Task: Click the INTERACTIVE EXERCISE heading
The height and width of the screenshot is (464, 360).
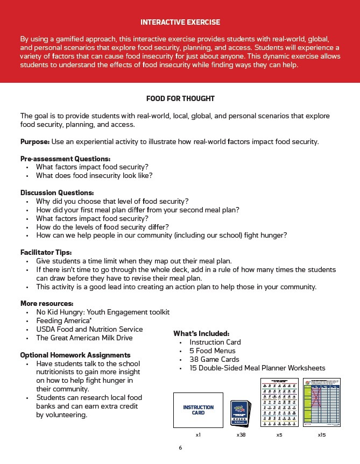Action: (180, 22)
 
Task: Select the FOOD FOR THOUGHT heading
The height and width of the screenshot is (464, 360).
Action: (180, 99)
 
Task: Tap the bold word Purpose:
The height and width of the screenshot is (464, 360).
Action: (35, 142)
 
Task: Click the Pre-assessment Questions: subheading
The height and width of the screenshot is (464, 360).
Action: (65, 159)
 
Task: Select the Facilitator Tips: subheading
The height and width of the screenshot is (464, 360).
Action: (46, 252)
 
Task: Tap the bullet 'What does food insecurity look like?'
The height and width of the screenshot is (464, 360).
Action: (94, 176)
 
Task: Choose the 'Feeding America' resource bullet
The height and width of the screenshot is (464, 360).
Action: (63, 320)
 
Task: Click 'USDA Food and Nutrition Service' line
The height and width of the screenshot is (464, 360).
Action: (89, 329)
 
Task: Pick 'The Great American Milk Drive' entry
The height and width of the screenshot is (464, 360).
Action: (84, 338)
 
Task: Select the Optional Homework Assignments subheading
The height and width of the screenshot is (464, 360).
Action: (75, 355)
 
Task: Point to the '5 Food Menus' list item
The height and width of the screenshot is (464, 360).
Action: (213, 351)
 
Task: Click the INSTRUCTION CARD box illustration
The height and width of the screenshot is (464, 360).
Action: (198, 410)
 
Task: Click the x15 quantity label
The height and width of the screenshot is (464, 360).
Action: (321, 434)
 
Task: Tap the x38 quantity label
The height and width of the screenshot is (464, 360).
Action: (241, 434)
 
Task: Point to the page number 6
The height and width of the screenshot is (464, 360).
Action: (180, 447)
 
